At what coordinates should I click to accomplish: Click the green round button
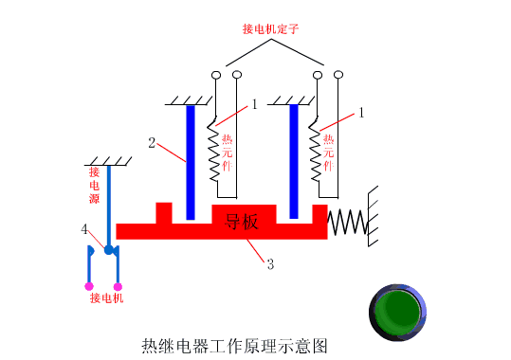[398, 312]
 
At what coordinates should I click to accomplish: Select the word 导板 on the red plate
[242, 223]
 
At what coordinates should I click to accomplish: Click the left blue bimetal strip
[191, 161]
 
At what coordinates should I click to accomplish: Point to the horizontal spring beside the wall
[347, 223]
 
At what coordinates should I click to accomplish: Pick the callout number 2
[152, 143]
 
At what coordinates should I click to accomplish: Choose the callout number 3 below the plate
[270, 264]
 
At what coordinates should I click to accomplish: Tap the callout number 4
[84, 229]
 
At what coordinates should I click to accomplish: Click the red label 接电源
[95, 186]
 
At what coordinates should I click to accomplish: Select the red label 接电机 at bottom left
[106, 298]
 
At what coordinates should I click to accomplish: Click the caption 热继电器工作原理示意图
[233, 345]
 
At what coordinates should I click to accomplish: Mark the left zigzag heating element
[214, 152]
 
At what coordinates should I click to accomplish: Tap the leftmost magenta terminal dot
[88, 285]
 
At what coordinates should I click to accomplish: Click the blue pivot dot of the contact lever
[110, 250]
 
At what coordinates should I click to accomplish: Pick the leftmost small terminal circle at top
[216, 75]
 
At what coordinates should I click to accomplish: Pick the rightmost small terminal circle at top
[338, 75]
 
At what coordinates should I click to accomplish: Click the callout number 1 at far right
[361, 112]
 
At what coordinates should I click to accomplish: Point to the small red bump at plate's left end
[164, 212]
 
